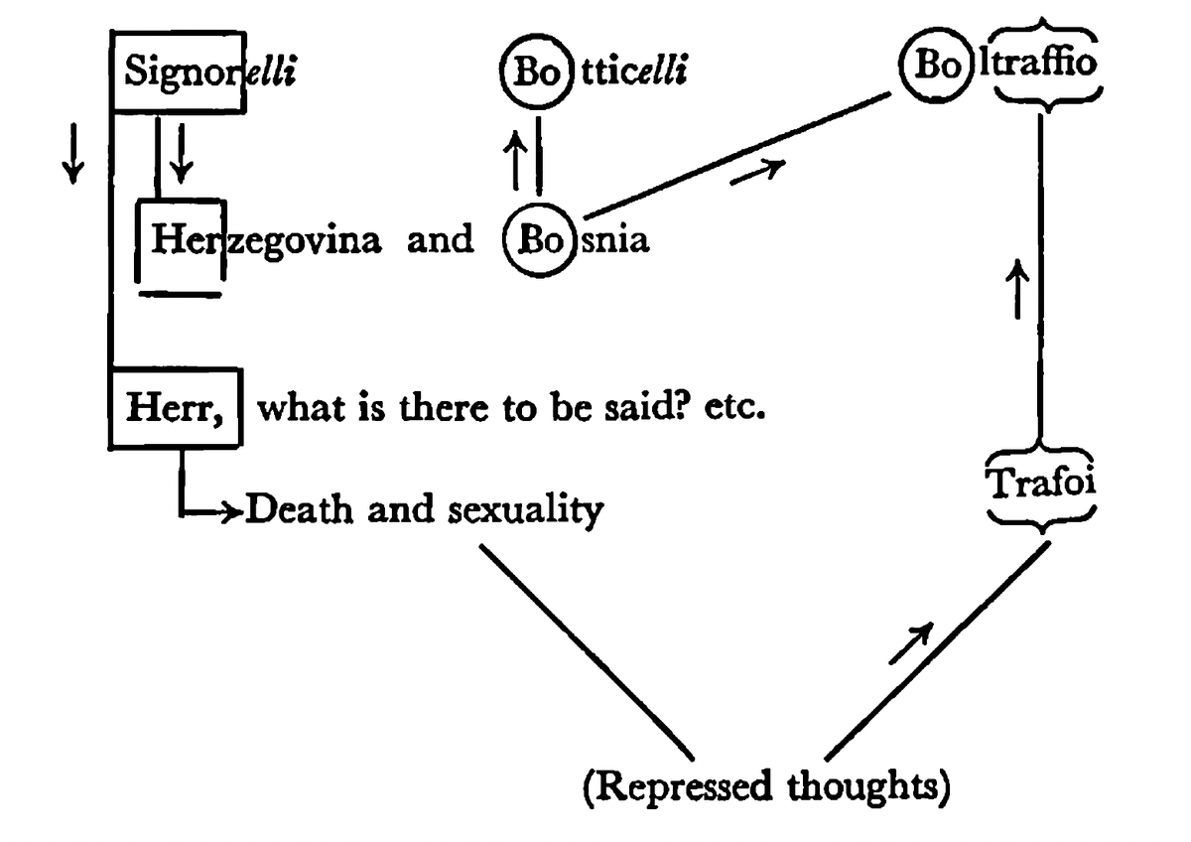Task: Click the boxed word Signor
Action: (178, 73)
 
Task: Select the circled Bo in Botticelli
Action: (533, 72)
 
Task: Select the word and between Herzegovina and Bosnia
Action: (440, 241)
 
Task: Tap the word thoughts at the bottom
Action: (869, 787)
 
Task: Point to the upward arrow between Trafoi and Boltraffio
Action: (1015, 288)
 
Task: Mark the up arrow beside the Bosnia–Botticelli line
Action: (514, 161)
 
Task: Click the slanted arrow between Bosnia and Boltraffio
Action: (757, 171)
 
